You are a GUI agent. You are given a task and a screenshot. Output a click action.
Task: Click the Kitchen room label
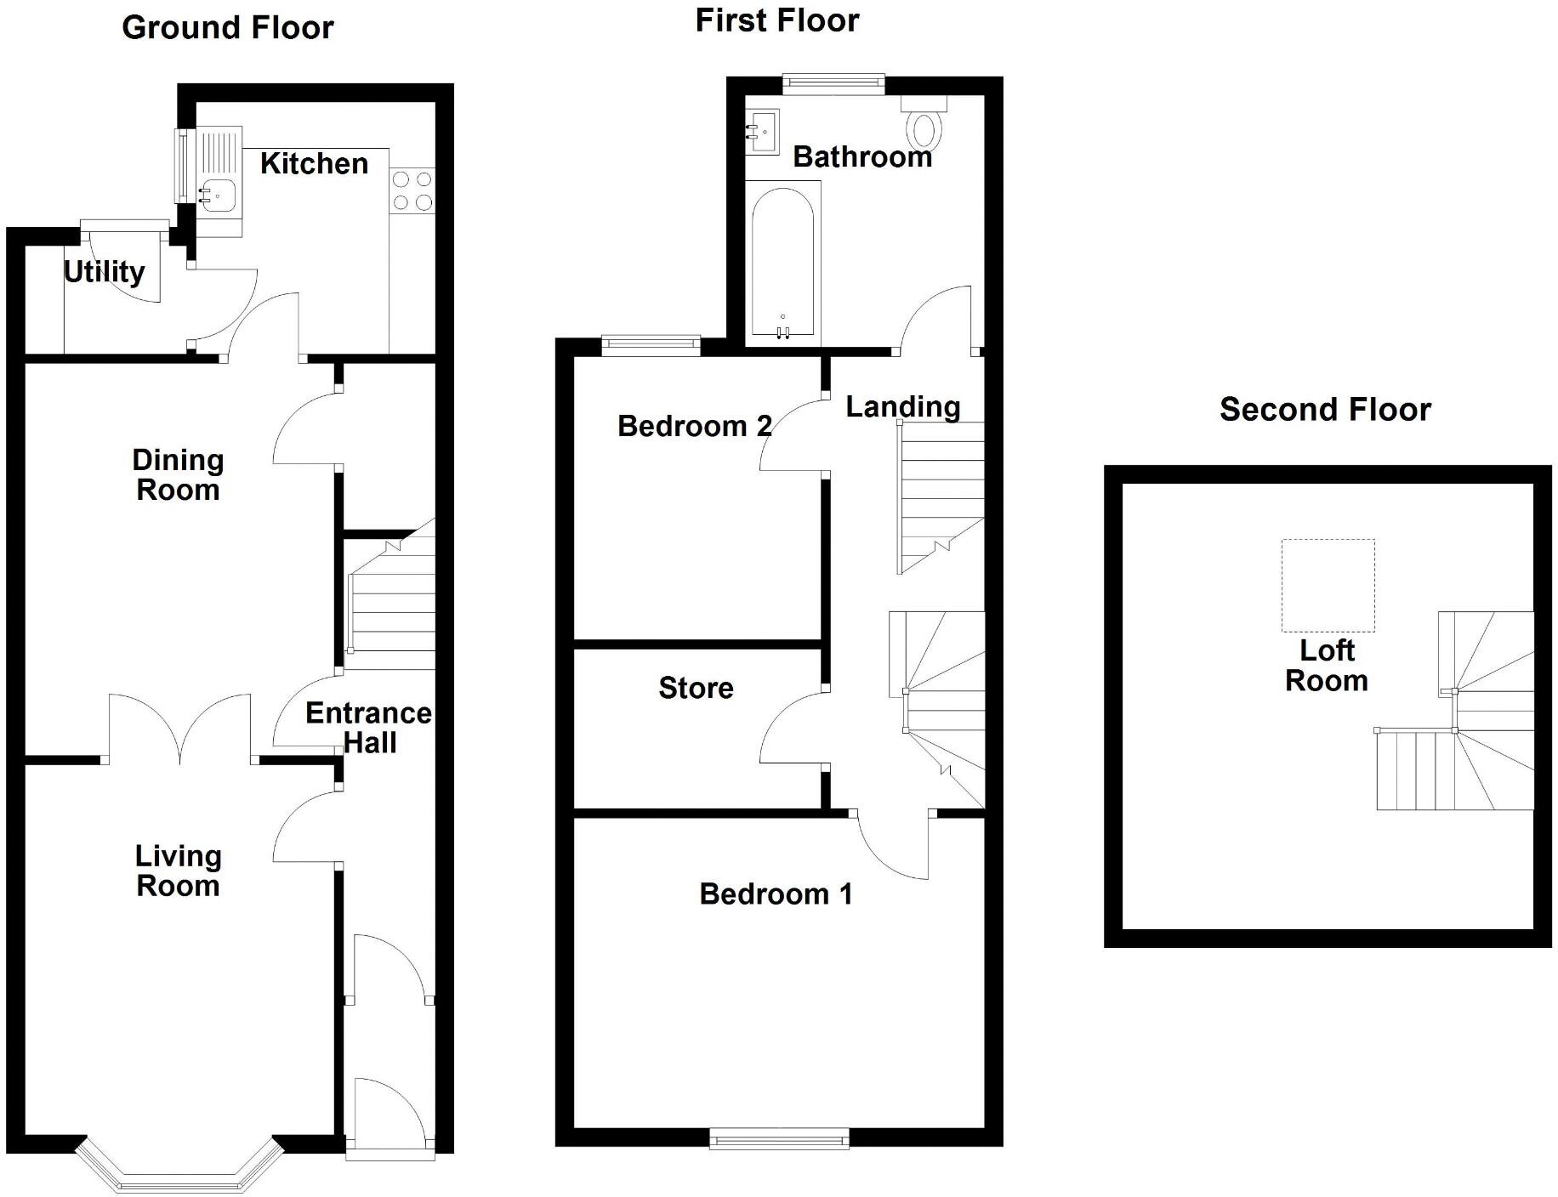[314, 163]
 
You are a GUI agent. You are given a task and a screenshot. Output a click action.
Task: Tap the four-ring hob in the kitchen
[412, 191]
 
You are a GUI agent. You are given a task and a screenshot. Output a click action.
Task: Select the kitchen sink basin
[218, 196]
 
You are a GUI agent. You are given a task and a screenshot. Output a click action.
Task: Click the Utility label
[104, 271]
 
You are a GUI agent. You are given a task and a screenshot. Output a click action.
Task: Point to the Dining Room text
[178, 474]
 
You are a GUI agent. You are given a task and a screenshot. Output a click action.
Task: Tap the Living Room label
[178, 871]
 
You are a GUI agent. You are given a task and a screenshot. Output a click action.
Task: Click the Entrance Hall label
[368, 727]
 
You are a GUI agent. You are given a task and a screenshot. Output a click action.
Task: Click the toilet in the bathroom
[924, 128]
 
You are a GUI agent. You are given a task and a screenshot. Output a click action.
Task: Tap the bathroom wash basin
[762, 132]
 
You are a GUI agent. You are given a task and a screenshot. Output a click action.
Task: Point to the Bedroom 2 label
[694, 426]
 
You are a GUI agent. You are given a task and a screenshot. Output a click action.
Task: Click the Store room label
[696, 688]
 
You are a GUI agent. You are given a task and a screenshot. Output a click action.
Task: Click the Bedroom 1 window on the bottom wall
[779, 1138]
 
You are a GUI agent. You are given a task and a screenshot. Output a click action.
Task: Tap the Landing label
[902, 406]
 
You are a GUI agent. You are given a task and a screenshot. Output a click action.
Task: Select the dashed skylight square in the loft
[1328, 585]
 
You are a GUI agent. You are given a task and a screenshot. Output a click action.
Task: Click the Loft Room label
[1326, 666]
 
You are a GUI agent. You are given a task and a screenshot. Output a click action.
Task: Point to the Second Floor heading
[1324, 410]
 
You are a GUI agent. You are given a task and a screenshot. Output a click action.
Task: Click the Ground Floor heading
[228, 28]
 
